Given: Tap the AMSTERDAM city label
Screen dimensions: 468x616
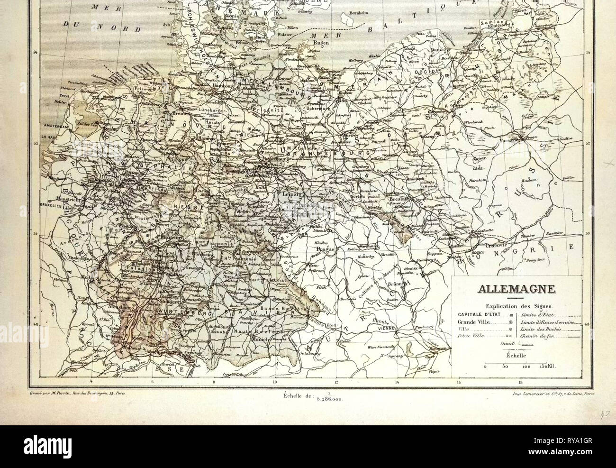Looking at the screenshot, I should [x=53, y=126].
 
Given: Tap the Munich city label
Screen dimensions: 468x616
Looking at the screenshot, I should [x=260, y=340].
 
